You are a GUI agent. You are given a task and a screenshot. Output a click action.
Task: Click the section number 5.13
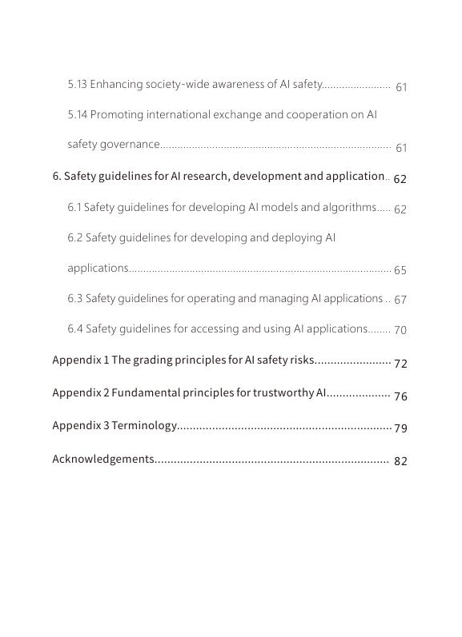click(77, 84)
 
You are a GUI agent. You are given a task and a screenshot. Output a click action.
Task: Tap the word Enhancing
click(117, 84)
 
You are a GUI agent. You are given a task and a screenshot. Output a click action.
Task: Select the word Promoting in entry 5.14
click(117, 114)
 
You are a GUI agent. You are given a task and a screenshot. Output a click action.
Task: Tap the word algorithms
click(343, 207)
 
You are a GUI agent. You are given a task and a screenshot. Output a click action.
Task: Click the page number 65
click(400, 270)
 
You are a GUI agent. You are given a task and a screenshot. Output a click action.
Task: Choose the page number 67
click(400, 300)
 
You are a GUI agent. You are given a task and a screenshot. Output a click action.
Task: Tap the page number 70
click(400, 330)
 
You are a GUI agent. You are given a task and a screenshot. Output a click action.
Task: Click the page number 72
click(400, 364)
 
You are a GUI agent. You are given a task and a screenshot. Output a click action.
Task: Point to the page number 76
click(400, 396)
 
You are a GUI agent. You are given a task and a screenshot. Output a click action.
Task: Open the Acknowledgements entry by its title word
click(102, 459)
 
